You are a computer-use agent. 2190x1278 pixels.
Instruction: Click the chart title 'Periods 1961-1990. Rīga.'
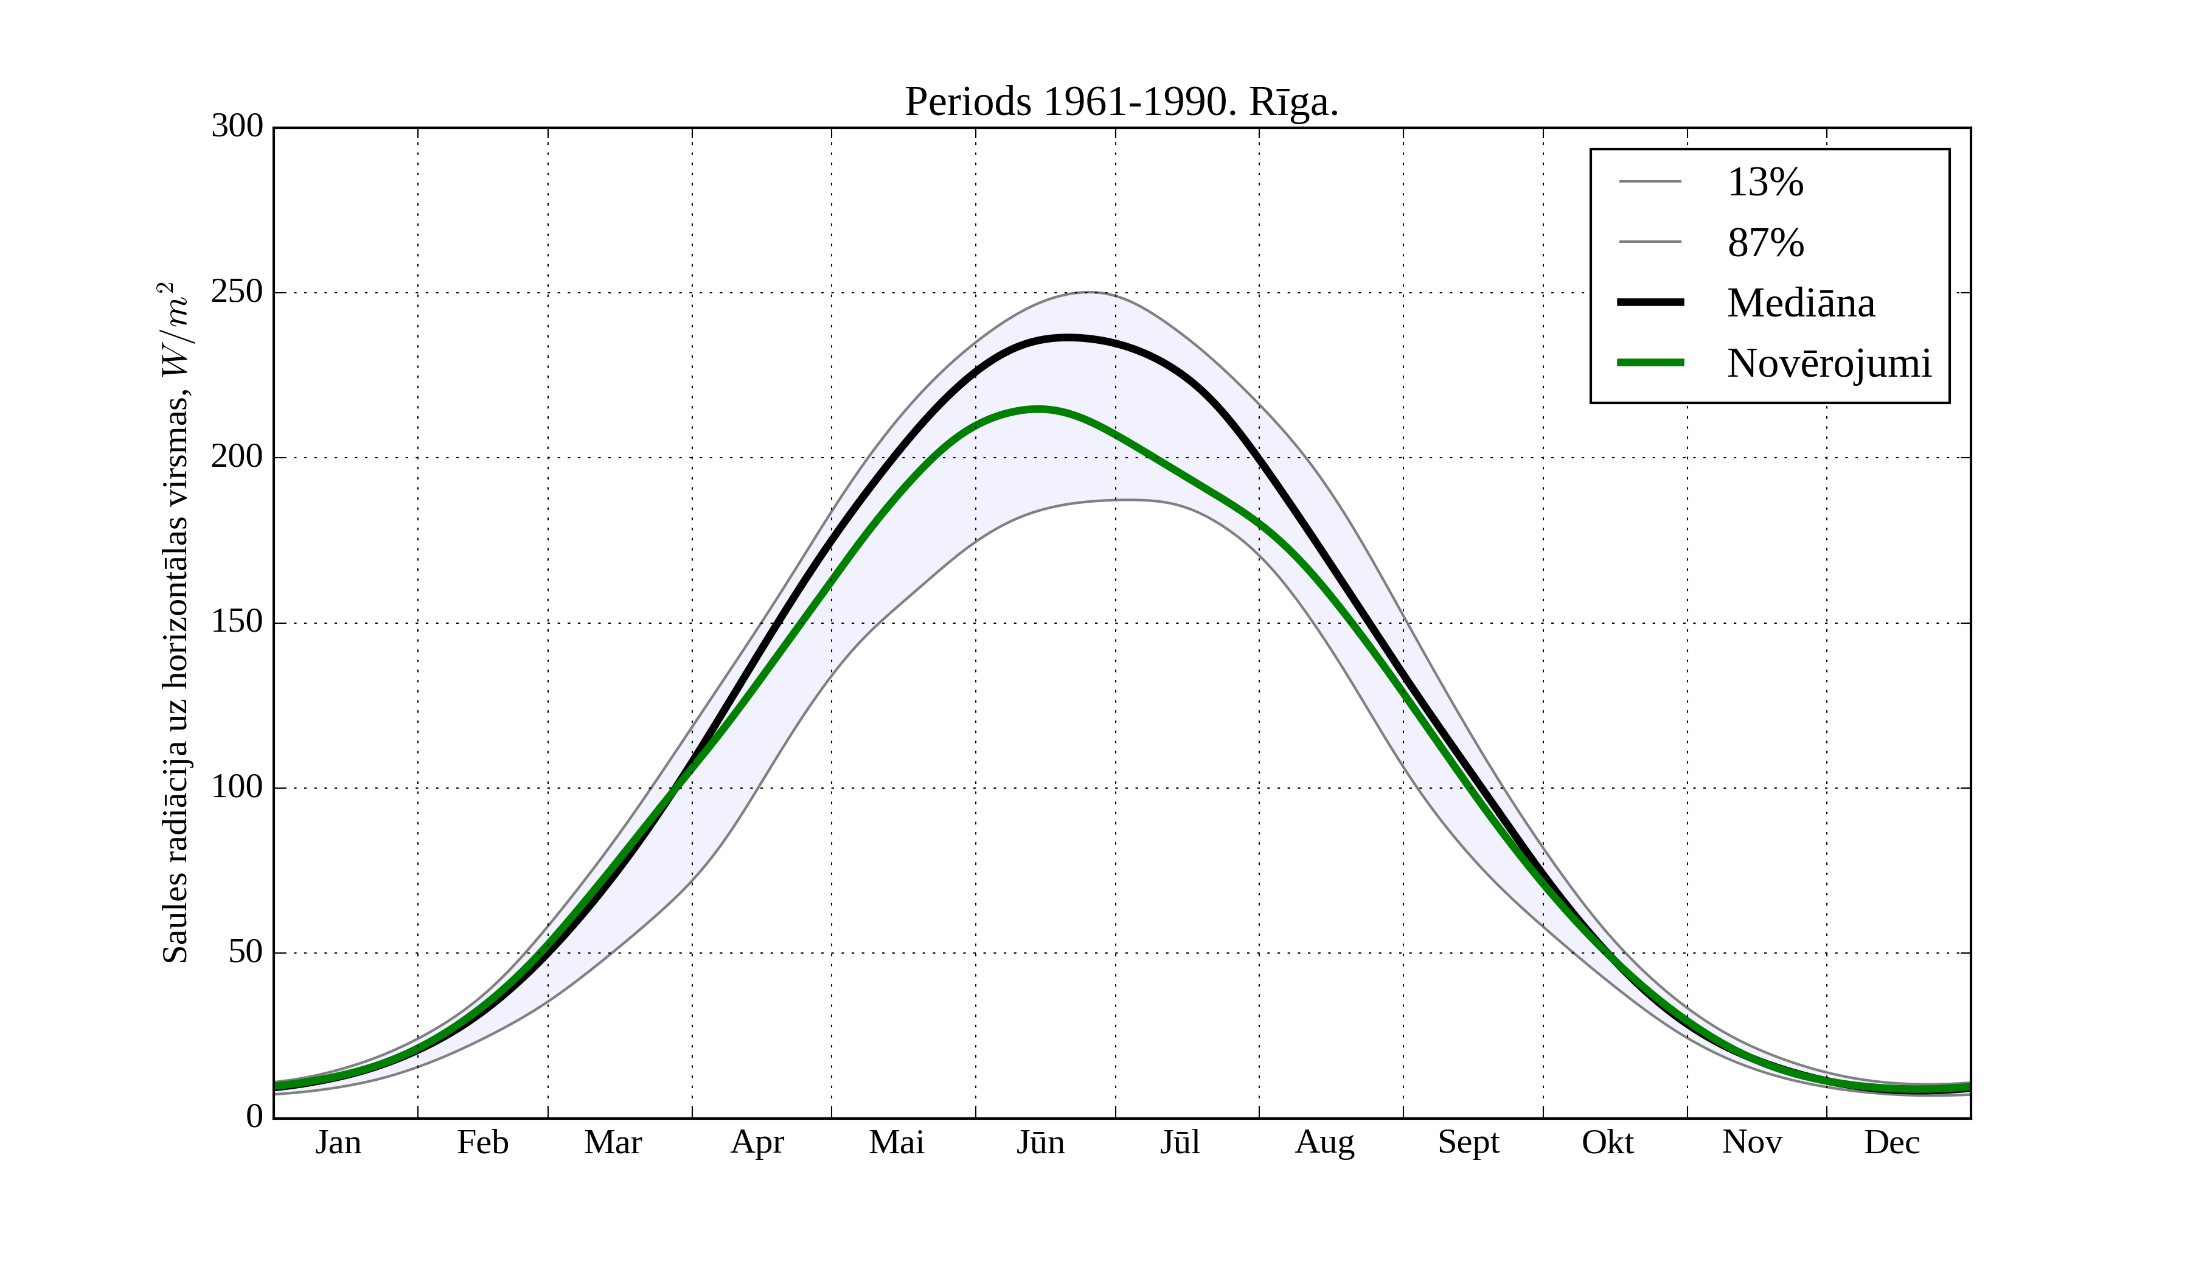point(1121,103)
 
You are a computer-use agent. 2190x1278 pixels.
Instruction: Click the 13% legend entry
point(1764,183)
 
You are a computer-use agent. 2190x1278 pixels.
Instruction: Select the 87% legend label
point(1765,243)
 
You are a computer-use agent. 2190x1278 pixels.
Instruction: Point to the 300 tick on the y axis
point(237,127)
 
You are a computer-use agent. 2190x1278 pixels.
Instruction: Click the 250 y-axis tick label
point(237,292)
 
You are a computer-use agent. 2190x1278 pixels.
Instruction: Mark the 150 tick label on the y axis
point(237,623)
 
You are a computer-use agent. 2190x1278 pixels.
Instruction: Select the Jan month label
point(338,1142)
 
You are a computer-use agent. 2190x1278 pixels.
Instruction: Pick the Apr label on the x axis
point(757,1142)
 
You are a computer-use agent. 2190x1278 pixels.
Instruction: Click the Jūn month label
point(1040,1142)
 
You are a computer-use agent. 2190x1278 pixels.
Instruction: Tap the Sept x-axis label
point(1468,1142)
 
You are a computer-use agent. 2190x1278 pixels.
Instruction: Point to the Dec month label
point(1891,1142)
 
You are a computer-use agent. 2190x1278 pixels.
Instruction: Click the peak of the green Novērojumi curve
point(1038,408)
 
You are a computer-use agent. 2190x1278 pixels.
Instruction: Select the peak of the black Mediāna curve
point(1067,337)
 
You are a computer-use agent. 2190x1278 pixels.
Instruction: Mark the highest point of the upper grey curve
point(1088,292)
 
